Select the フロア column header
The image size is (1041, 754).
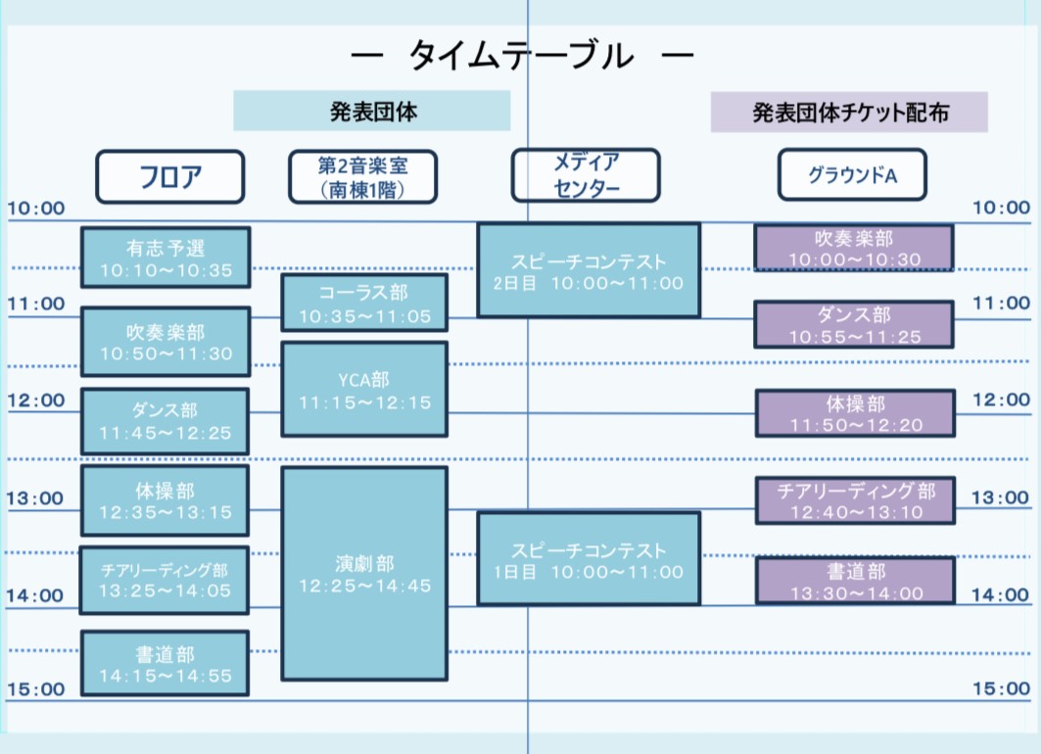pyautogui.click(x=169, y=176)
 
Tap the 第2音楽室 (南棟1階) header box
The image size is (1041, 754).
pyautogui.click(x=363, y=176)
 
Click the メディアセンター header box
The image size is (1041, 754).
pyautogui.click(x=586, y=175)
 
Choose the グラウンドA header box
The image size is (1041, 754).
pyautogui.click(x=852, y=175)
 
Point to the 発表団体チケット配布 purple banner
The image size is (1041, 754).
pyautogui.click(x=849, y=113)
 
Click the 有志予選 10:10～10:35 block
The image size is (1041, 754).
pyautogui.click(x=166, y=258)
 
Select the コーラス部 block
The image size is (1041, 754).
pyautogui.click(x=363, y=304)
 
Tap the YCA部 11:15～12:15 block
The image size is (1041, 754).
pyautogui.click(x=363, y=390)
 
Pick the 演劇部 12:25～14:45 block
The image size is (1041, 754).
pyautogui.click(x=363, y=574)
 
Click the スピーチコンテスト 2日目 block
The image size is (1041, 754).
pyautogui.click(x=588, y=271)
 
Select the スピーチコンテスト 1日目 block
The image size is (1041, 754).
pyautogui.click(x=588, y=559)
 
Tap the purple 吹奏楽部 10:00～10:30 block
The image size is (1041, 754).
pyautogui.click(x=854, y=248)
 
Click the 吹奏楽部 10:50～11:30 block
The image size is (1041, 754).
pyautogui.click(x=166, y=342)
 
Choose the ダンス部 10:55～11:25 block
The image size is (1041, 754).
pyautogui.click(x=854, y=325)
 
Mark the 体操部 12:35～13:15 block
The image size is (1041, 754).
pyautogui.click(x=165, y=499)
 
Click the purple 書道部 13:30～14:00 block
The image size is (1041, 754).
pyautogui.click(x=854, y=581)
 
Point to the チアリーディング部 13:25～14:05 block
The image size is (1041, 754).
pyautogui.click(x=165, y=581)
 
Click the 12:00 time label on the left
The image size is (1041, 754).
pyautogui.click(x=35, y=401)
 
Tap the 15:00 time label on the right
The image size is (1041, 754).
pyautogui.click(x=1001, y=689)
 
